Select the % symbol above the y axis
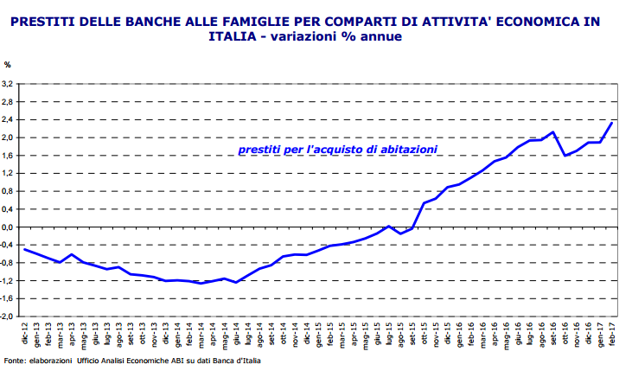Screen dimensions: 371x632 click(x=8, y=65)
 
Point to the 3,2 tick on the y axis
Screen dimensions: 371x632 click(x=9, y=84)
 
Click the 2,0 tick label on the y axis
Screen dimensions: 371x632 click(x=9, y=138)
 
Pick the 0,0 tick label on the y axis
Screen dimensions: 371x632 click(x=9, y=227)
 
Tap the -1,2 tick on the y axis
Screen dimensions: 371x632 click(x=8, y=280)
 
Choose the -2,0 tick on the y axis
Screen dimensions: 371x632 click(x=8, y=317)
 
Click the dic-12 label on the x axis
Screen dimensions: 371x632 click(x=25, y=330)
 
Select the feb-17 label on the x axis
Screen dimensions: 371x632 click(x=612, y=330)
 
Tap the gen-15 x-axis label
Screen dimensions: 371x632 click(x=319, y=330)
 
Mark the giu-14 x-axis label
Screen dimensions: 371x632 click(x=236, y=330)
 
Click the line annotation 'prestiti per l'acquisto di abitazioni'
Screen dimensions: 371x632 click(x=337, y=150)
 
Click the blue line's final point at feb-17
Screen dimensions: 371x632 click(x=612, y=123)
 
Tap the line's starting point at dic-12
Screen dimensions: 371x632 click(x=25, y=249)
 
